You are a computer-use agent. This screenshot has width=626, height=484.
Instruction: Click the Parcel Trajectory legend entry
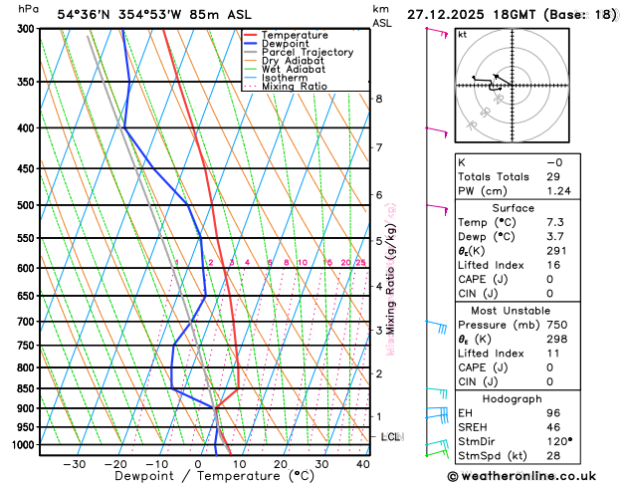click(307, 52)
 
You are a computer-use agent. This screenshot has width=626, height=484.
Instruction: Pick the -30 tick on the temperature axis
click(74, 464)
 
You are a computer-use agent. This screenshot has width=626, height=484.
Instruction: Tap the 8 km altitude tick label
click(379, 99)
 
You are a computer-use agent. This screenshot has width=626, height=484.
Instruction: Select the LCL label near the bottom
click(391, 437)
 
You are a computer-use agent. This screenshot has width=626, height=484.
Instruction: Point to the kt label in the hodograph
click(462, 35)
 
